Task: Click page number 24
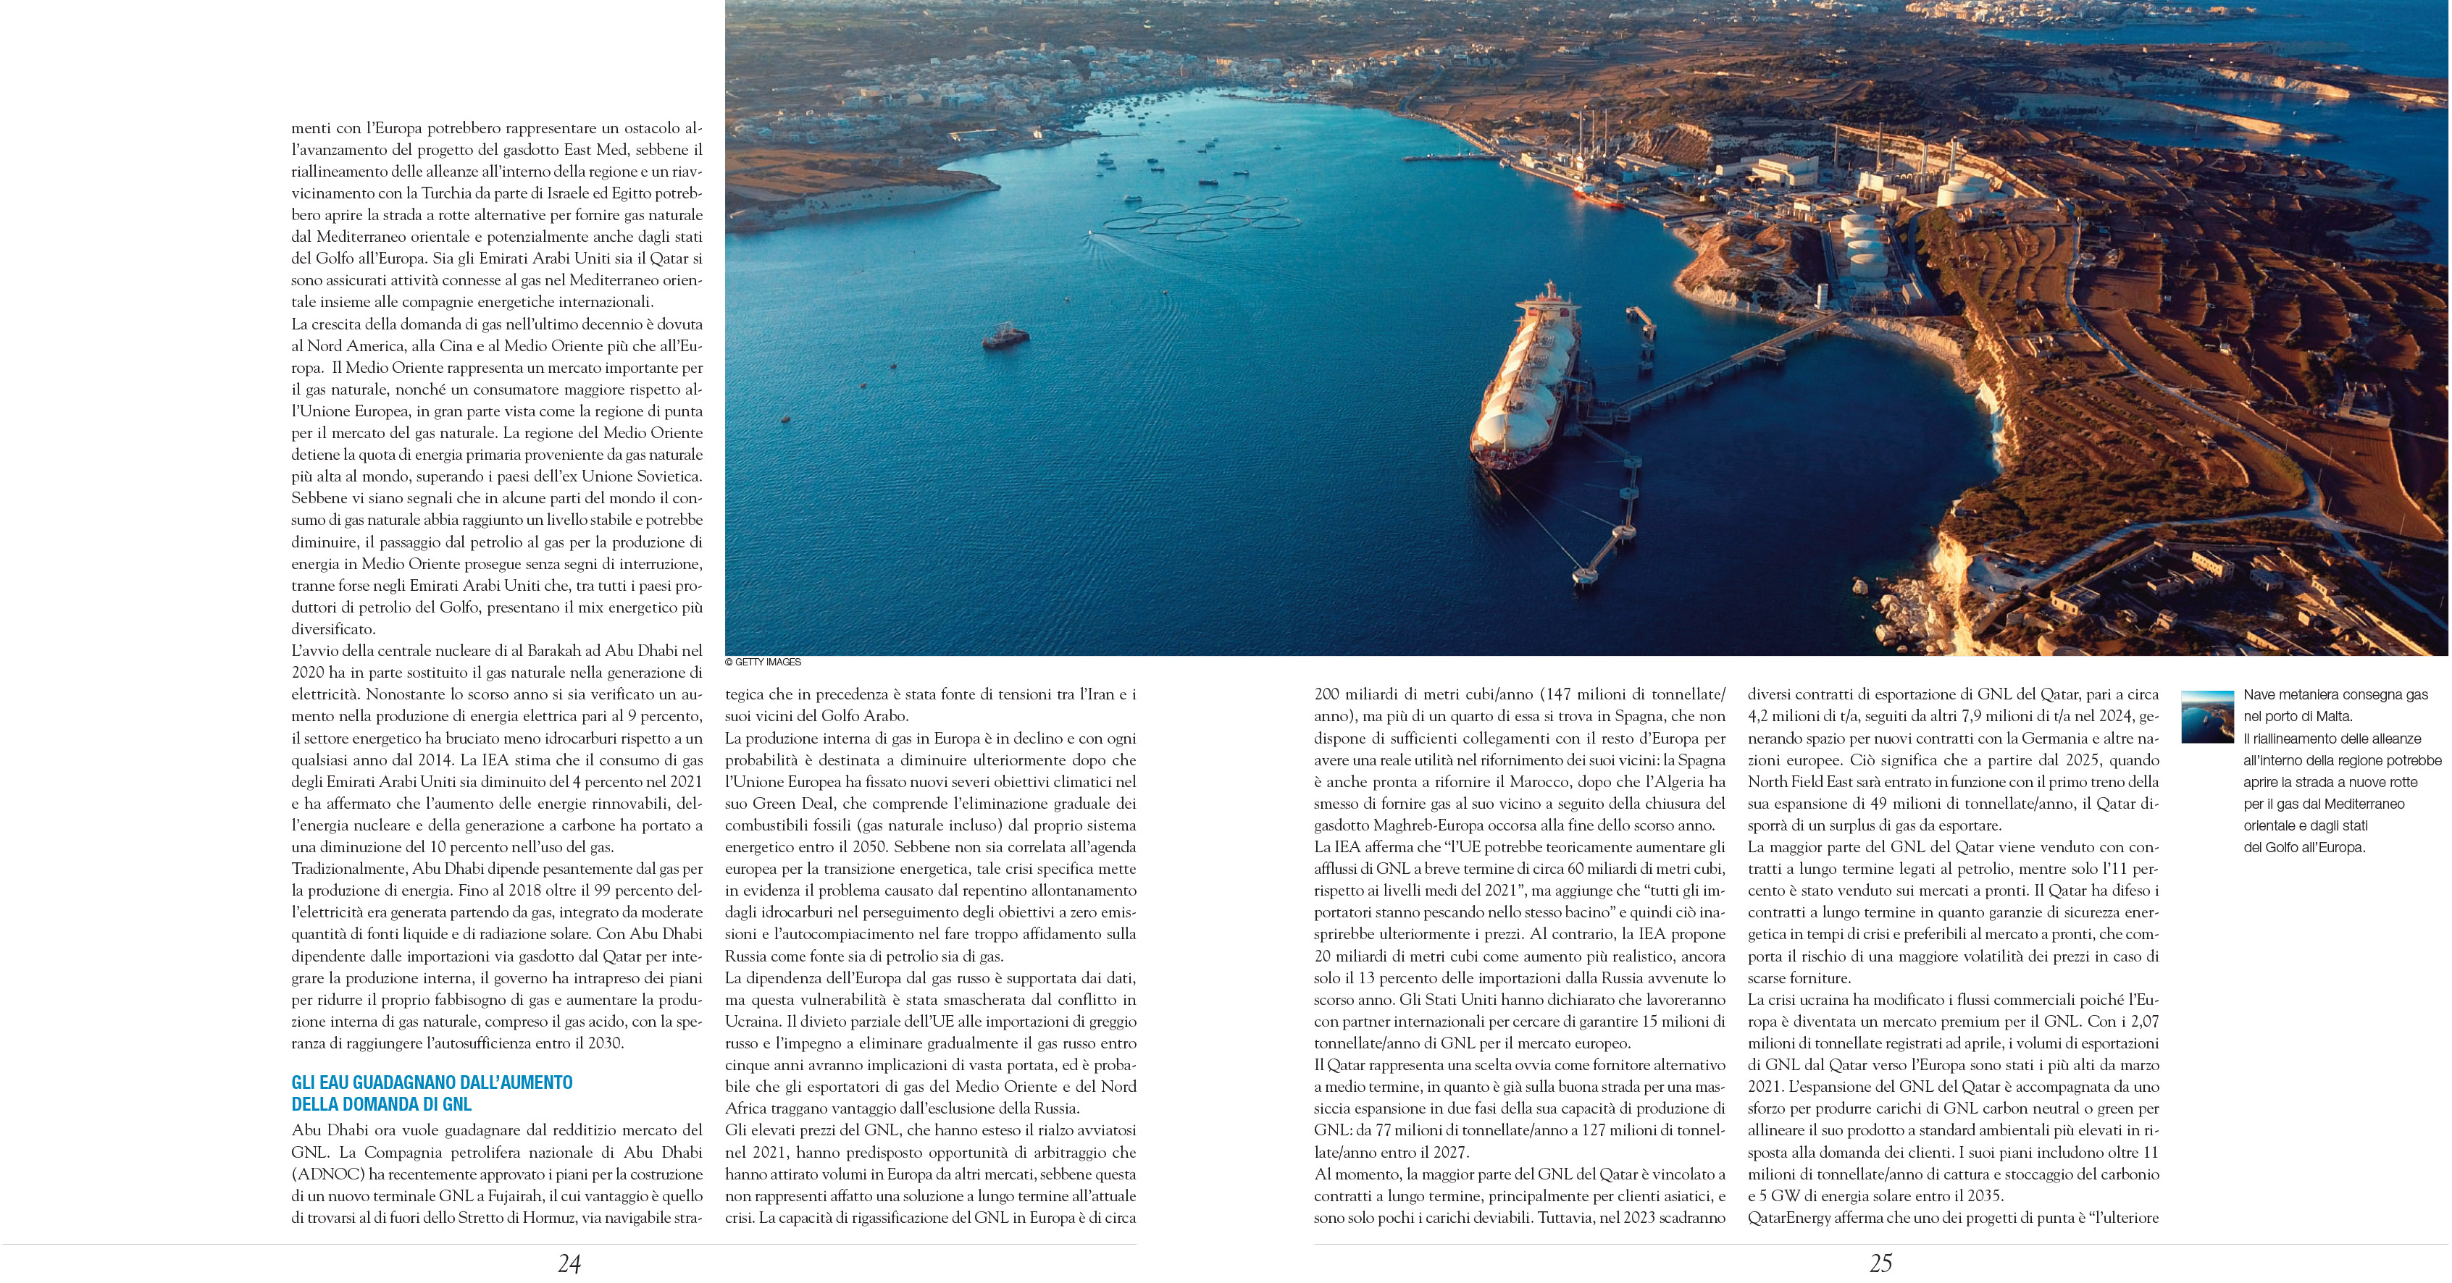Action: point(569,1264)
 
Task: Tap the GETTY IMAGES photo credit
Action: point(763,662)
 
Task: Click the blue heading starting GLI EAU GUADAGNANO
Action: point(432,1093)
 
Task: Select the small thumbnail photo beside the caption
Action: point(2207,717)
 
